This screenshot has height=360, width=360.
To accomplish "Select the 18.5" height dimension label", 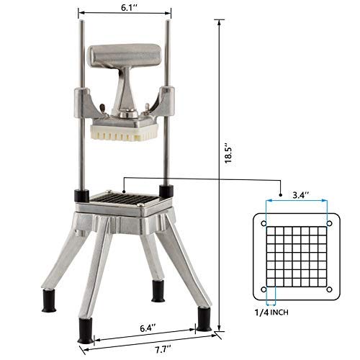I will pos(225,153).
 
